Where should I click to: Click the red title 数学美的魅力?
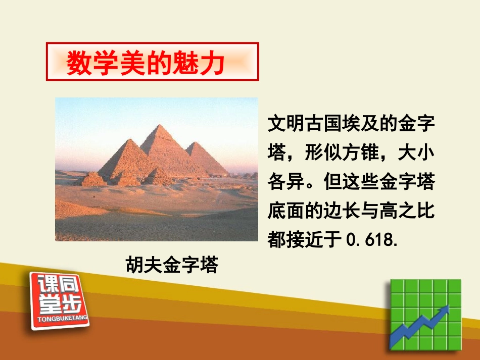click(146, 63)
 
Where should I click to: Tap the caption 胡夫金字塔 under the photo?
click(172, 264)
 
